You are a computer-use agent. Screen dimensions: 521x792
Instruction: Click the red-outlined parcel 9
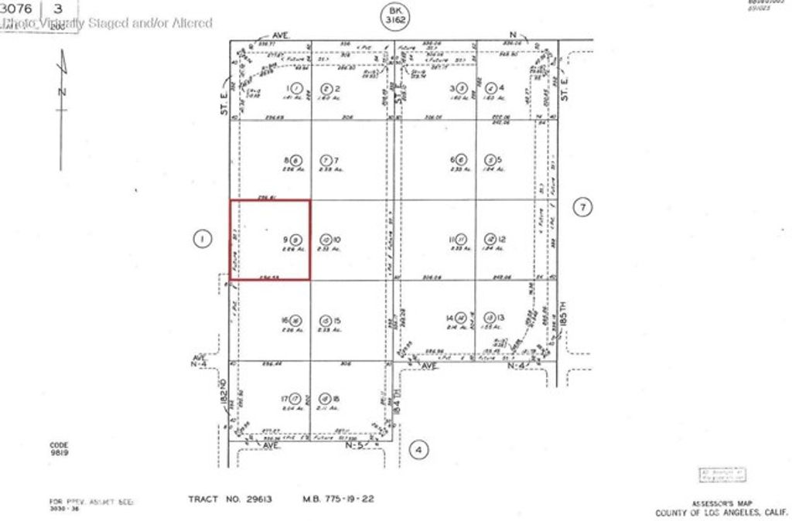click(x=271, y=240)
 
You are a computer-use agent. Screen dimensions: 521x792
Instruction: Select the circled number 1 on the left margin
click(x=201, y=240)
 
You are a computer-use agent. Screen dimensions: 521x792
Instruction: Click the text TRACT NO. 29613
click(x=230, y=499)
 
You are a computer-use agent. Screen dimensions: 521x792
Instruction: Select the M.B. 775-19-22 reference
click(x=338, y=499)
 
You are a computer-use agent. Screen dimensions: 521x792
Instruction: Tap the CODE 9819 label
click(x=59, y=449)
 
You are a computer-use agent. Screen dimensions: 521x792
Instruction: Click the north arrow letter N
click(x=63, y=92)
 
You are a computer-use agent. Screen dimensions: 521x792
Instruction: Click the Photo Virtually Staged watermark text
click(x=108, y=23)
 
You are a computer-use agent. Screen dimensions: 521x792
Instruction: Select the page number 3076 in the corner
click(x=17, y=9)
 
